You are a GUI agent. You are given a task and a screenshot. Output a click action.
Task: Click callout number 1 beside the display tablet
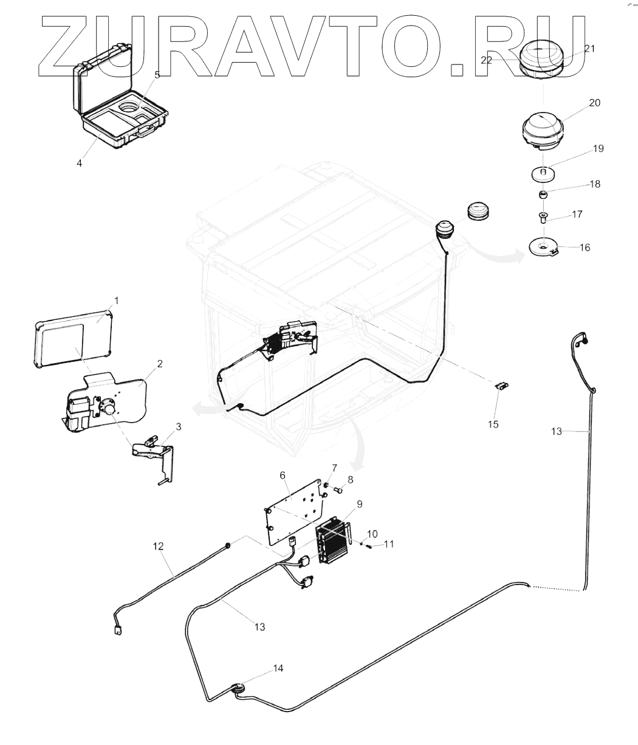click(x=117, y=300)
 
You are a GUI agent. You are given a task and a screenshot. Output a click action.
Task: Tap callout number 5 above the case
click(x=157, y=75)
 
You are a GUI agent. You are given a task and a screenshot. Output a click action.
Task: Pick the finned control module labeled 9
click(x=332, y=539)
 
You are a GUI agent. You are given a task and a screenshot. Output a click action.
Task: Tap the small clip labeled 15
click(x=502, y=386)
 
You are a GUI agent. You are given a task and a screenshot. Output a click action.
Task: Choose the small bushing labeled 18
click(x=544, y=195)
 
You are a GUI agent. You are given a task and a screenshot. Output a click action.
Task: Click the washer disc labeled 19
click(x=544, y=175)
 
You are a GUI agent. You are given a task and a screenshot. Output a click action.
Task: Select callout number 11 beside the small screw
click(x=389, y=544)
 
